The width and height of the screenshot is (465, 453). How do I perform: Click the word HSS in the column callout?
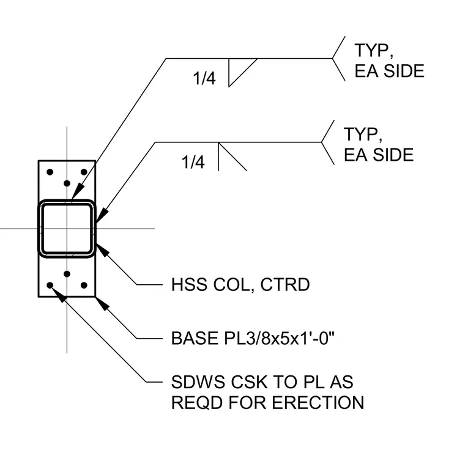pos(190,285)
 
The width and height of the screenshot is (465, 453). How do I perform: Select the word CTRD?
pos(285,285)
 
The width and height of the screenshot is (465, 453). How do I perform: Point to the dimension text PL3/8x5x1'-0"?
pos(280,338)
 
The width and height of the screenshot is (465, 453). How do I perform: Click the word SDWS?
pos(198,382)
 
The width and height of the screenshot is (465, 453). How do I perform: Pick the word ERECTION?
pos(318,403)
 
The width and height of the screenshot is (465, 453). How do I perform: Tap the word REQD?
pos(197,403)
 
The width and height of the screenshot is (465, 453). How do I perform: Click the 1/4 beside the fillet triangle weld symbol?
pos(204,78)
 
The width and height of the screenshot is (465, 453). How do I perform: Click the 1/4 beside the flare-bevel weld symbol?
pos(193,162)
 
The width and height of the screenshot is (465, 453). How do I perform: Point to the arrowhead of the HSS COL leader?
pos(102,251)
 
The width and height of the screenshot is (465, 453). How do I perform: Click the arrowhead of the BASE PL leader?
pos(102,304)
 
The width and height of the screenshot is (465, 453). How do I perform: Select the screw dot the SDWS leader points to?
pos(50,285)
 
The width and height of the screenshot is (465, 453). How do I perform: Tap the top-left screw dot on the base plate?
pos(50,172)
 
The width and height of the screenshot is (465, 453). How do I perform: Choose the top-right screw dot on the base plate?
pos(84,172)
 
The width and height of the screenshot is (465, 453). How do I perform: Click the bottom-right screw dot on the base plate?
pos(84,285)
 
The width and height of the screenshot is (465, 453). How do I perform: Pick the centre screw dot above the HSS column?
pos(67,183)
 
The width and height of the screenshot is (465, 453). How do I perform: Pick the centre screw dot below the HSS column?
pos(67,274)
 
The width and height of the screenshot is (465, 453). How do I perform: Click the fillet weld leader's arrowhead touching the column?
pos(78,191)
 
